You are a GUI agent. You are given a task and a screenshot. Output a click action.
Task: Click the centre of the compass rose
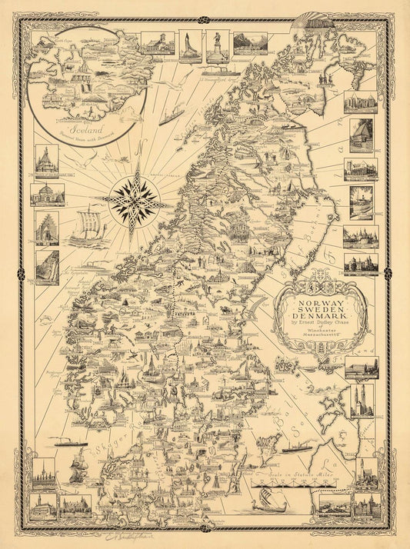tap(135, 202)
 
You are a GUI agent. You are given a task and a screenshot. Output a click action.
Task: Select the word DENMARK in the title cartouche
tap(318, 316)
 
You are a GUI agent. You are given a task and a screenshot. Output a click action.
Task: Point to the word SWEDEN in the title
tap(318, 308)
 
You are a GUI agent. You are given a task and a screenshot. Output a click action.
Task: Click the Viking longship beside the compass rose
tap(87, 228)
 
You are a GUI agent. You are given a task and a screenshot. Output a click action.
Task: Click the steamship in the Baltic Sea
tap(296, 447)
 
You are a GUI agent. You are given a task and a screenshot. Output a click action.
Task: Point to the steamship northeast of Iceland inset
tap(172, 116)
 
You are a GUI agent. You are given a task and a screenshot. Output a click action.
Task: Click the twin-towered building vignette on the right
tap(362, 401)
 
